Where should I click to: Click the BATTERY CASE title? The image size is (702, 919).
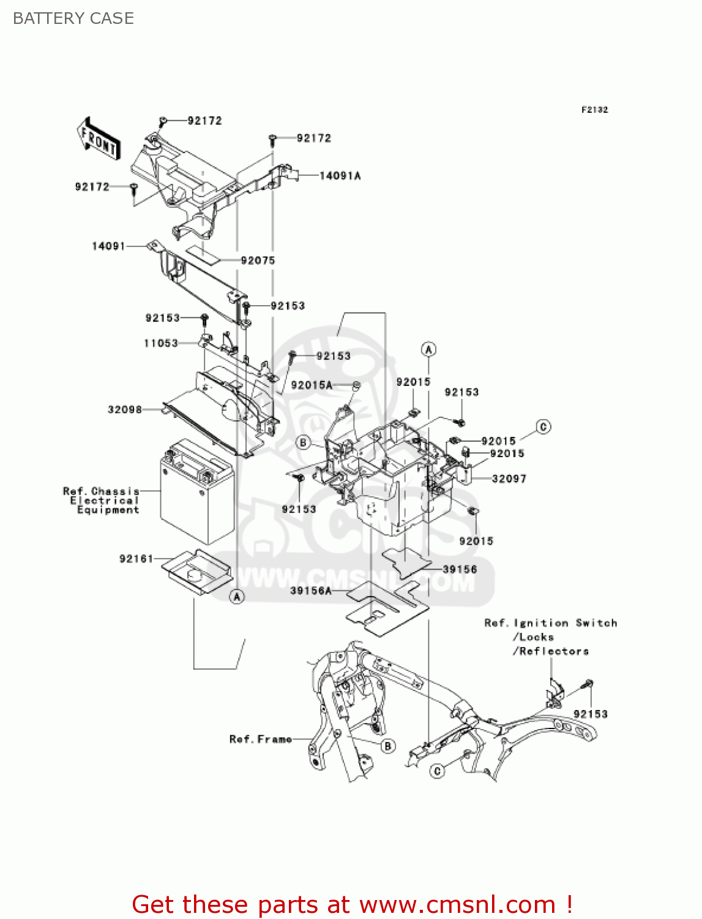tap(73, 18)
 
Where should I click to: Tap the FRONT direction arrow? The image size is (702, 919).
tap(98, 140)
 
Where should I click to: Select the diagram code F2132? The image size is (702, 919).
tap(594, 110)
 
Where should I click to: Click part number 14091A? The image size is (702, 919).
tap(340, 176)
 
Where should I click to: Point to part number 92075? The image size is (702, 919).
tap(258, 260)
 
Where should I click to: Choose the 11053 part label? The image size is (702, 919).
tap(161, 343)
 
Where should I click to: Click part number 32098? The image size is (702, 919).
tap(125, 409)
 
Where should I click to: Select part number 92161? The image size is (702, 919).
tap(136, 559)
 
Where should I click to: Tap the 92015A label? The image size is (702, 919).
tap(312, 385)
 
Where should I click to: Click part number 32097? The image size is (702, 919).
tap(509, 478)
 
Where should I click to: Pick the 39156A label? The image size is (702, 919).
tap(311, 591)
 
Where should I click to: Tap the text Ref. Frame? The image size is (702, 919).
tap(261, 739)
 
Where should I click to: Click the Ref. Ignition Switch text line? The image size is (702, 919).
tap(550, 623)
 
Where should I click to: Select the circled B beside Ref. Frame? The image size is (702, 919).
tap(387, 746)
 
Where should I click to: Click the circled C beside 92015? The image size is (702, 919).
tap(543, 427)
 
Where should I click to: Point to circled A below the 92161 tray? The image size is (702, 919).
tap(237, 596)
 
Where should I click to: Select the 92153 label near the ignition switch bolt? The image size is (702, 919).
tap(591, 714)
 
